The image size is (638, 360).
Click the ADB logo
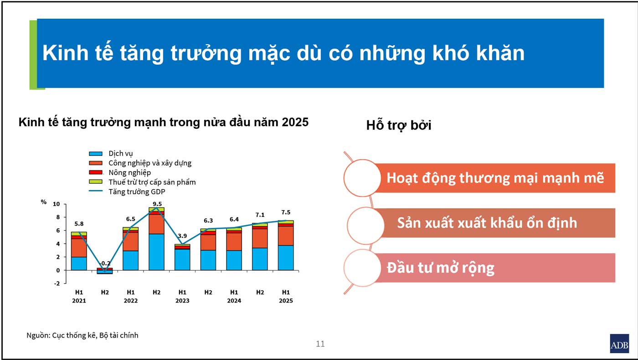619,343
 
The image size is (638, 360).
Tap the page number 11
320,344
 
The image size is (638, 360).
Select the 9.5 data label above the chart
157,204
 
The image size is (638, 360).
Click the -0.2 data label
105,263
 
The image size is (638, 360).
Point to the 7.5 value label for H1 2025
286,212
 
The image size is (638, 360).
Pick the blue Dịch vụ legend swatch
96,154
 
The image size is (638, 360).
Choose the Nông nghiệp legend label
129,172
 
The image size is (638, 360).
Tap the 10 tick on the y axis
57,204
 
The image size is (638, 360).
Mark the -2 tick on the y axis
57,283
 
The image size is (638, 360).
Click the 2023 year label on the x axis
182,300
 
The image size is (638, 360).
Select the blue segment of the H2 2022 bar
156,252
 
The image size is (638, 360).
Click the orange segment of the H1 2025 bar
286,236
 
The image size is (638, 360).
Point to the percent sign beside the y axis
44,202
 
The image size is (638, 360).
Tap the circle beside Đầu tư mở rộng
362,268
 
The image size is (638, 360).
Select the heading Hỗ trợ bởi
399,125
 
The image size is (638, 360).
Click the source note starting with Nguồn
82,335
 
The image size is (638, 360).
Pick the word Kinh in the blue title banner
66,53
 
